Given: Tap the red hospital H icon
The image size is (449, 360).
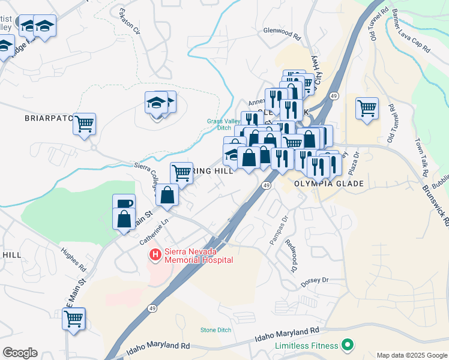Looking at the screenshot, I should (x=155, y=256).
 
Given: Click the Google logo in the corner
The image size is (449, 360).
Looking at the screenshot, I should (x=20, y=353).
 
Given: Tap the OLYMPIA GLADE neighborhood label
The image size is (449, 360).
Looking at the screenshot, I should (x=329, y=184).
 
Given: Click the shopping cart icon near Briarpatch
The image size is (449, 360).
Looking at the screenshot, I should (x=85, y=124).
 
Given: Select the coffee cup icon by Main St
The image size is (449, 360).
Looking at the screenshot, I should (x=124, y=204).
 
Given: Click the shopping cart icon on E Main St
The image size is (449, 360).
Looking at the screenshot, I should (x=74, y=318).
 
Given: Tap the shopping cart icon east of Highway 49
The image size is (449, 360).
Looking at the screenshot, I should (x=367, y=109).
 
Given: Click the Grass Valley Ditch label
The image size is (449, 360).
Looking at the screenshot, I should (x=219, y=124).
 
